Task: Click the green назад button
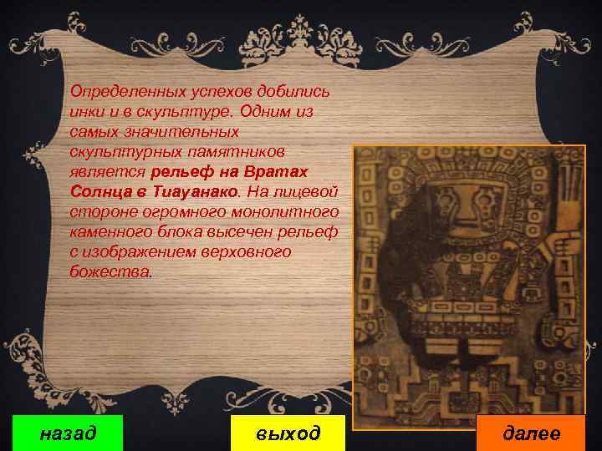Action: pos(69,433)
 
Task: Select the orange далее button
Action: pos(531,433)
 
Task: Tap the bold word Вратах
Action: pos(278,171)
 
